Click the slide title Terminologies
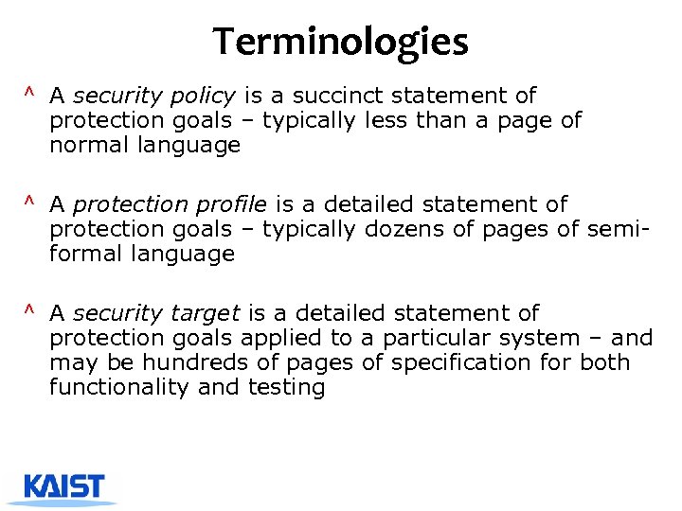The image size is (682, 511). coord(340,42)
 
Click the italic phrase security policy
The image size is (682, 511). coord(154,96)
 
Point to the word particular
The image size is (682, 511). coord(445,338)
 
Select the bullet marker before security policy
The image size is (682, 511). coord(30,93)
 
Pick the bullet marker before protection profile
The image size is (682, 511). coord(30,202)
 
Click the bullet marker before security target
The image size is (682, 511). coord(30,310)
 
